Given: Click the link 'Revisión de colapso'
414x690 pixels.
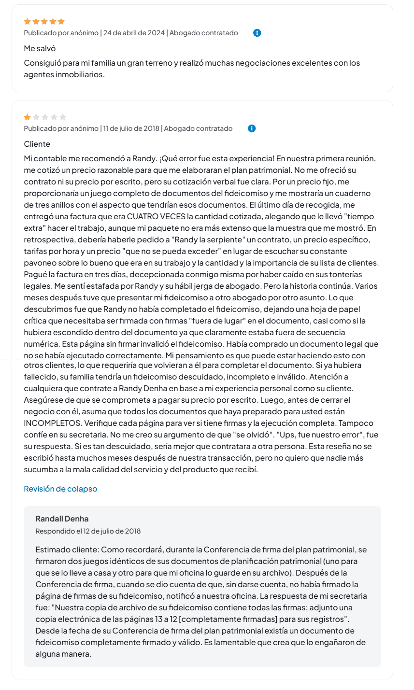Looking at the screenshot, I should point(60,489).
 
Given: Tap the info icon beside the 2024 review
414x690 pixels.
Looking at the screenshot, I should point(257,33).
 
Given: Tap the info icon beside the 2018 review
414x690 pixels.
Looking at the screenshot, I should point(252,128).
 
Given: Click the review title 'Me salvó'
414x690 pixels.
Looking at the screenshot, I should point(40,48).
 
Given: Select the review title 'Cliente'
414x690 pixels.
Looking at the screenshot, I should point(37,144).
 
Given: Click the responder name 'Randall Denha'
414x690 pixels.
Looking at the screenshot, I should point(62,519).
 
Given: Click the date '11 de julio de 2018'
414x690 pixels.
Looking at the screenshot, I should point(131,128).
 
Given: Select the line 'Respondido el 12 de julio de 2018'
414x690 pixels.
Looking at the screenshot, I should point(88,531).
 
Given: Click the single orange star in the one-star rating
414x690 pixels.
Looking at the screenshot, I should point(28,117).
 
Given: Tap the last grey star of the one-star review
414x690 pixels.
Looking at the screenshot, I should point(63,117).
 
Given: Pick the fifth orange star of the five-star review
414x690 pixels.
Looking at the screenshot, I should point(61,21).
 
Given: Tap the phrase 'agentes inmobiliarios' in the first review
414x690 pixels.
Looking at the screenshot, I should point(64,74).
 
